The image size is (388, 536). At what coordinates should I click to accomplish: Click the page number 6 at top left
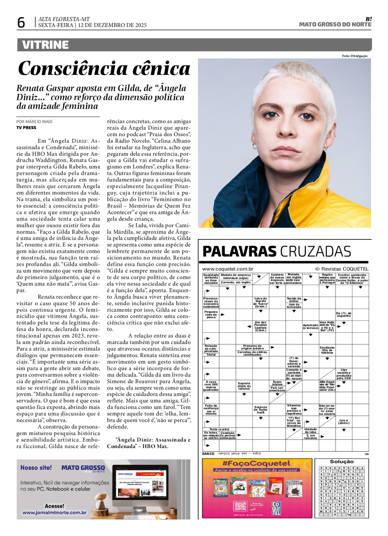pos(21,23)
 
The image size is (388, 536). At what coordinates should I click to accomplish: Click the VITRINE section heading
pos(45,45)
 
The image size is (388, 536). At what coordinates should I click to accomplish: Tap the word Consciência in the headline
pos(67,68)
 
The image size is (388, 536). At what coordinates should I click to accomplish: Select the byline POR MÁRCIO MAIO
pos(34,121)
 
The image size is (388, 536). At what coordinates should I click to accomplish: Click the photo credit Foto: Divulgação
pos(354,56)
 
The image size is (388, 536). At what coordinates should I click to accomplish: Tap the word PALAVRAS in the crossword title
pos(239,251)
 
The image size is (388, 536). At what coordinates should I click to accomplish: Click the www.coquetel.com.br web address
pos(228,269)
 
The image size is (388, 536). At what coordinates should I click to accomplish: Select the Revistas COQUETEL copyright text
pos(341,269)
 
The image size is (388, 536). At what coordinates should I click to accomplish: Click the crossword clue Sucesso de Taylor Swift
pos(261,410)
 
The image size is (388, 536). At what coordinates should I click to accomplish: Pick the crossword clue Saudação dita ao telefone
pos(327,350)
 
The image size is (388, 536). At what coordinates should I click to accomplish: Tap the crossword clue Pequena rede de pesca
pos(211,315)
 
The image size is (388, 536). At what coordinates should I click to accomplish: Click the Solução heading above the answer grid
pos(341,461)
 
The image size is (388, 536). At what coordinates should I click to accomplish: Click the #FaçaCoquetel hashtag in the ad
pos(256,463)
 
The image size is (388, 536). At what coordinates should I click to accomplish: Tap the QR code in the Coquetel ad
pos(241,506)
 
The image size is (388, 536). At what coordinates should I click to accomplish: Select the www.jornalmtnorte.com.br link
pos(54,512)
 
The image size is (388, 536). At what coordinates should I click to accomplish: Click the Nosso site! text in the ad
pos(36,467)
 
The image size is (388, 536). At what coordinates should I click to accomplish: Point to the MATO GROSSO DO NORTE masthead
pos(335,24)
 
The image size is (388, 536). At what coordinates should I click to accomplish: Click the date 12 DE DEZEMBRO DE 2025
pos(112,25)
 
